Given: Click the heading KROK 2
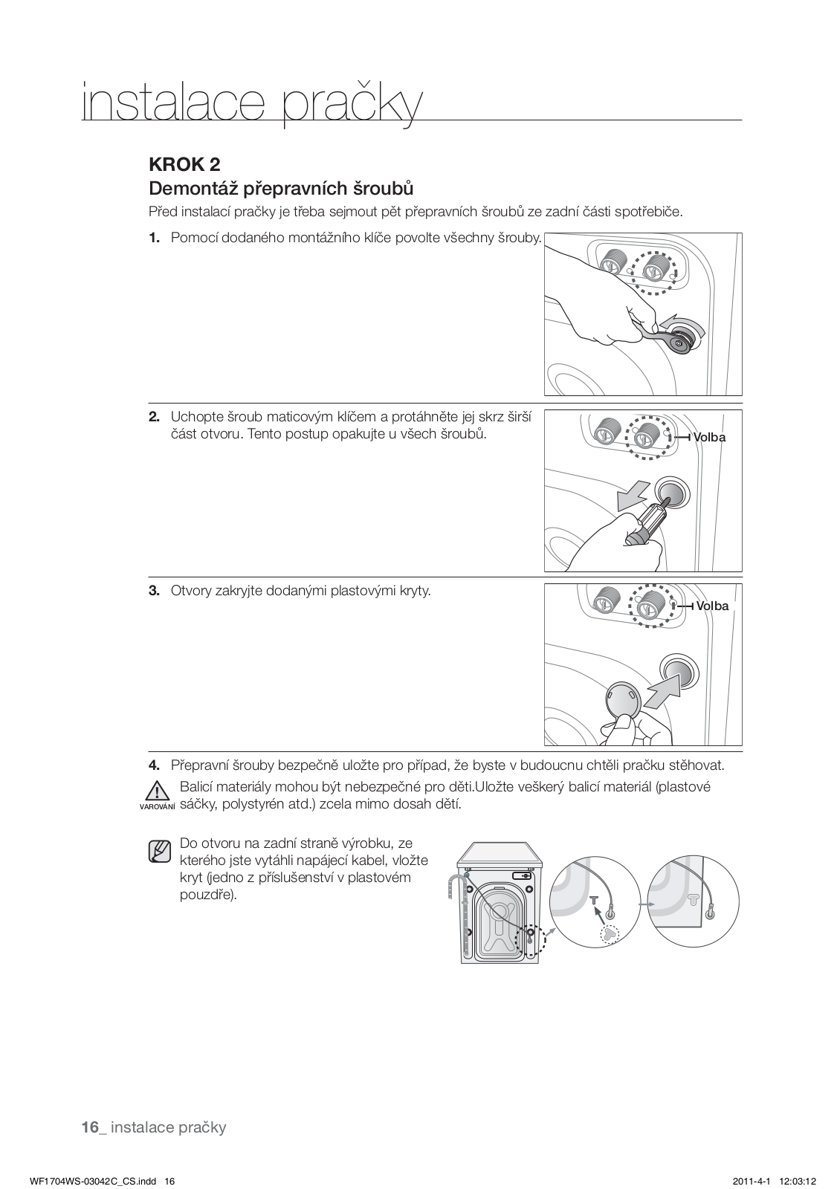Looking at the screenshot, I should click(184, 163).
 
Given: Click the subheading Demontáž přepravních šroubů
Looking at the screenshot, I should click(281, 187).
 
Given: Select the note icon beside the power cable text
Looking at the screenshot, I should click(160, 852).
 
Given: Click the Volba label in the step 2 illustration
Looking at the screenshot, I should click(709, 438).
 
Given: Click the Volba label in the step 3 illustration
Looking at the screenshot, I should click(712, 606).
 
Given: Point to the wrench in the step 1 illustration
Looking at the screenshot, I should click(660, 333).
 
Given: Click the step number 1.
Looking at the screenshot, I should click(154, 238).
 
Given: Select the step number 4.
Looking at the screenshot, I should click(154, 765).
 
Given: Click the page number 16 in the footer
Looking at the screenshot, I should click(90, 1127).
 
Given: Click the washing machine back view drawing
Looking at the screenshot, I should click(499, 902).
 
